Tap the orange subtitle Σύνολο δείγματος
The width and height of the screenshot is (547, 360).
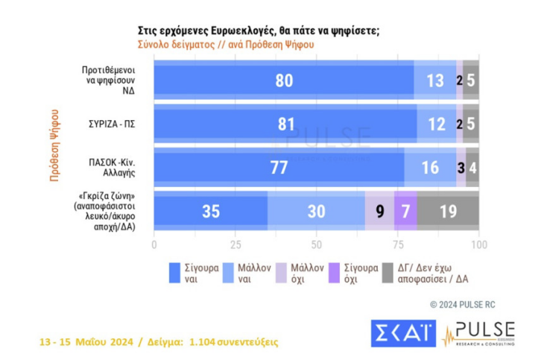coord(226,44)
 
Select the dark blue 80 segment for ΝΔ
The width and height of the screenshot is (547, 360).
coord(283,81)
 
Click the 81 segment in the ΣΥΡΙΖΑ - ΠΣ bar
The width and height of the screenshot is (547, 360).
coord(285,124)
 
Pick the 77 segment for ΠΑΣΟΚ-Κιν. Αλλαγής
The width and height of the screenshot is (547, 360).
coord(279,168)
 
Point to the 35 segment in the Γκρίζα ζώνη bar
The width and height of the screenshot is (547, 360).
coord(210,211)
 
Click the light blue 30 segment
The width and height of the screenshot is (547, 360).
coord(316,211)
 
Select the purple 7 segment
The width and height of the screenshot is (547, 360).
coord(405,211)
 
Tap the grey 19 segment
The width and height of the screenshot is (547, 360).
coord(448,211)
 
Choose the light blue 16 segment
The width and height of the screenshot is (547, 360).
coord(430,168)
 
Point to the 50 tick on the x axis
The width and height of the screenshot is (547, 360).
coord(316,244)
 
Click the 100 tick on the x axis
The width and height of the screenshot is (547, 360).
coord(478,244)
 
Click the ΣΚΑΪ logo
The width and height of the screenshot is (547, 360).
coord(403,334)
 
